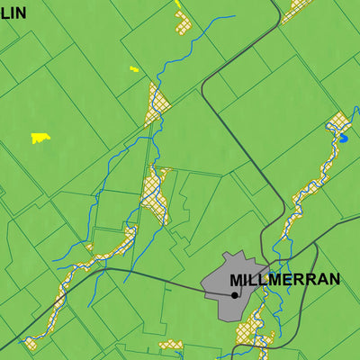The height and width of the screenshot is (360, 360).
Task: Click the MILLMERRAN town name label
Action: [284, 280]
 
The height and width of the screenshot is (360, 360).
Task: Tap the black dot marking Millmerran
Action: [234, 294]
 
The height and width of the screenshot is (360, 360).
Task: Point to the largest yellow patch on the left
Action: [40, 138]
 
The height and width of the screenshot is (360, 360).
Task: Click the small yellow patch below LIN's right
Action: [134, 68]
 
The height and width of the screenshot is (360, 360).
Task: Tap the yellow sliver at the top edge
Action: [178, 4]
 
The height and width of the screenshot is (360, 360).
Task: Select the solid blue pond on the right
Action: [342, 139]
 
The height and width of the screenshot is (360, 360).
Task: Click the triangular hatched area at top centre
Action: [157, 106]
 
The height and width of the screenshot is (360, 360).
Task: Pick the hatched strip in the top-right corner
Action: [296, 11]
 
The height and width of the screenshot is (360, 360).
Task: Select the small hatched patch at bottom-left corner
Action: [30, 344]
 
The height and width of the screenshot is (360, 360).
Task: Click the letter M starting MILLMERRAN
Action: [236, 280]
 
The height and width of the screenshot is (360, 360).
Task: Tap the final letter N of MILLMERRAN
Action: [334, 280]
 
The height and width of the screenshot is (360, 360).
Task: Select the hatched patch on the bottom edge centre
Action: [171, 345]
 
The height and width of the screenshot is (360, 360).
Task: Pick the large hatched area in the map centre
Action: [156, 193]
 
